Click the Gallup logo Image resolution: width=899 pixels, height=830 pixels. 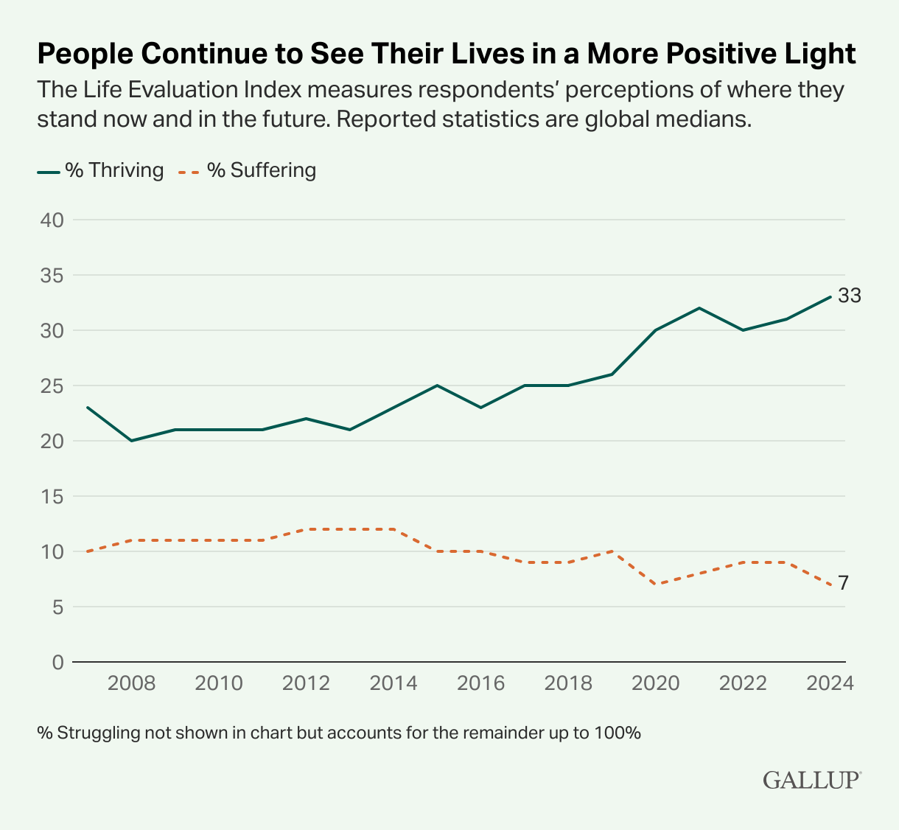coord(812,780)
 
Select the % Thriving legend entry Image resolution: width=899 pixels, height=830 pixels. coord(101,170)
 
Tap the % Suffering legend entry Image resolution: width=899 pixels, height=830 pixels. coord(248,170)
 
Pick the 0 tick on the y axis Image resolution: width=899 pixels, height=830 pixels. coord(57,662)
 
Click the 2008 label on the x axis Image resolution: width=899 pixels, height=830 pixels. coord(131,683)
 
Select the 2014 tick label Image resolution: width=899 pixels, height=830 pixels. coord(393,683)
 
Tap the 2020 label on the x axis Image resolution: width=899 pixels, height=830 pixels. coord(656,683)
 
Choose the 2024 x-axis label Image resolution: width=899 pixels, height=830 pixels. coord(830,683)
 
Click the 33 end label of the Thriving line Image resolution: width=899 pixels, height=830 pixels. coord(850,296)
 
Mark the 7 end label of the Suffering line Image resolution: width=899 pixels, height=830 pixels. coord(843,584)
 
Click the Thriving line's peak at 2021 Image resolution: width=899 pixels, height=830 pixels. coord(699,308)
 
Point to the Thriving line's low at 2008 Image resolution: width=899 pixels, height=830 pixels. coord(131,441)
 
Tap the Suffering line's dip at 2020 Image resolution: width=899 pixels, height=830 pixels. coord(656,585)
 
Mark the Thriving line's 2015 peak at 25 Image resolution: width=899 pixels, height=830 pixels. coord(437,386)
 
